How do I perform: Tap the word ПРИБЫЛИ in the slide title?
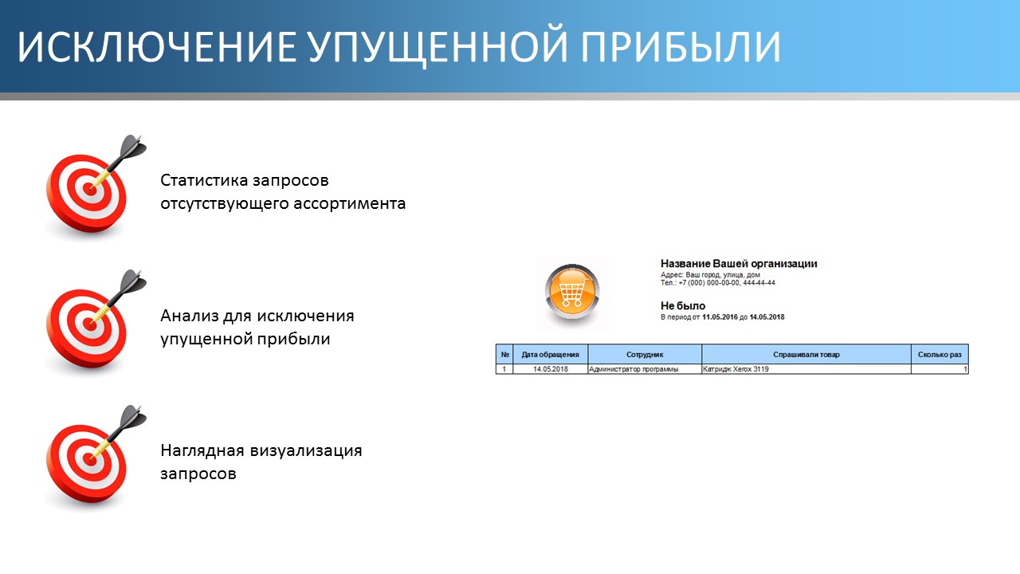pyautogui.click(x=681, y=46)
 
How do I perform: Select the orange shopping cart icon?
pyautogui.click(x=572, y=292)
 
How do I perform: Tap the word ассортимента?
pyautogui.click(x=349, y=204)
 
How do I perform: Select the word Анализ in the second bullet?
pyautogui.click(x=190, y=315)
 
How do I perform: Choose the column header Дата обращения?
pyautogui.click(x=550, y=355)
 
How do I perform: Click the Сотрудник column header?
pyautogui.click(x=645, y=355)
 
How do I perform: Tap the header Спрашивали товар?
pyautogui.click(x=806, y=355)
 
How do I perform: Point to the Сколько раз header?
pyautogui.click(x=940, y=355)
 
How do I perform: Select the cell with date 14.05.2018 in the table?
pyautogui.click(x=550, y=369)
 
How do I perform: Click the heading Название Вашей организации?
pyautogui.click(x=739, y=263)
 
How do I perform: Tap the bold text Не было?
pyautogui.click(x=683, y=305)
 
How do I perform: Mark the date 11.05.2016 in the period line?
pyautogui.click(x=720, y=317)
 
